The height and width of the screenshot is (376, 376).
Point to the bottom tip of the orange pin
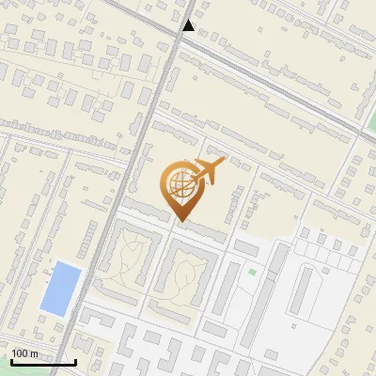[x=180, y=222]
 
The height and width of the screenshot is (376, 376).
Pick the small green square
[x=252, y=273]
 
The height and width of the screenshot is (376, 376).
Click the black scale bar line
[x=42, y=361]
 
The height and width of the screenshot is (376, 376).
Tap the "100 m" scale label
[x=25, y=352]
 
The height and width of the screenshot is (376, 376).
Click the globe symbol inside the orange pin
[x=178, y=185]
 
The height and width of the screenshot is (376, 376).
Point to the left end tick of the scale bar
[x=9, y=359]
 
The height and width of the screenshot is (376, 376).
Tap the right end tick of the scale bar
[x=75, y=359]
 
